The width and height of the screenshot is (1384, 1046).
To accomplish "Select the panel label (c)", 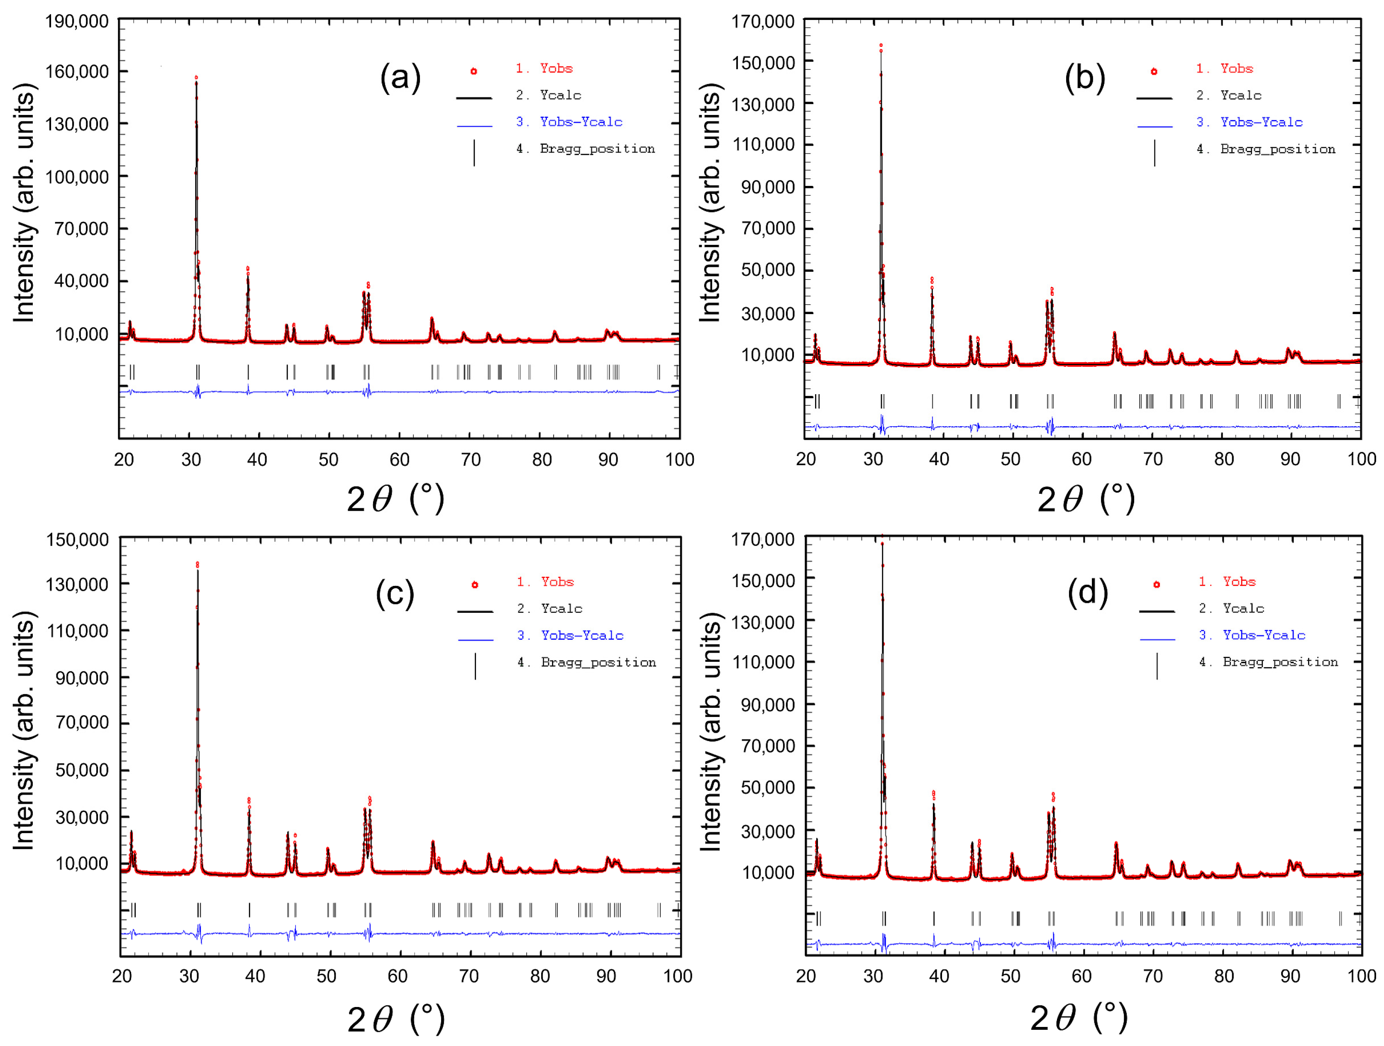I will [x=395, y=593].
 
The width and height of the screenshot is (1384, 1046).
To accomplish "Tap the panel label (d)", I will [x=1087, y=592].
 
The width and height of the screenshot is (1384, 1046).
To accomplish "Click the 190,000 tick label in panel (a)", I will [x=76, y=22].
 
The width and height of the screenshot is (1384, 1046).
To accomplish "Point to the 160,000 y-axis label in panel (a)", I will [x=76, y=72].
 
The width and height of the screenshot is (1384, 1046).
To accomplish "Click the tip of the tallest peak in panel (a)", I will [x=196, y=78].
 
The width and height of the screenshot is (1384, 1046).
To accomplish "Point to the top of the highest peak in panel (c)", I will [x=197, y=564].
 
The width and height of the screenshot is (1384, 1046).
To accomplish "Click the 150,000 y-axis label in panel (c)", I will [x=78, y=539].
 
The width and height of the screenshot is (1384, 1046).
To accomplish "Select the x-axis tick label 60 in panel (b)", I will [x=1081, y=459].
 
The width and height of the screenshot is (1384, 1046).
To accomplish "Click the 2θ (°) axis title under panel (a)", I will [x=395, y=499].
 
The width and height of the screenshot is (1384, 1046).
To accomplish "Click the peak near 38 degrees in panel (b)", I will [x=932, y=280].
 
